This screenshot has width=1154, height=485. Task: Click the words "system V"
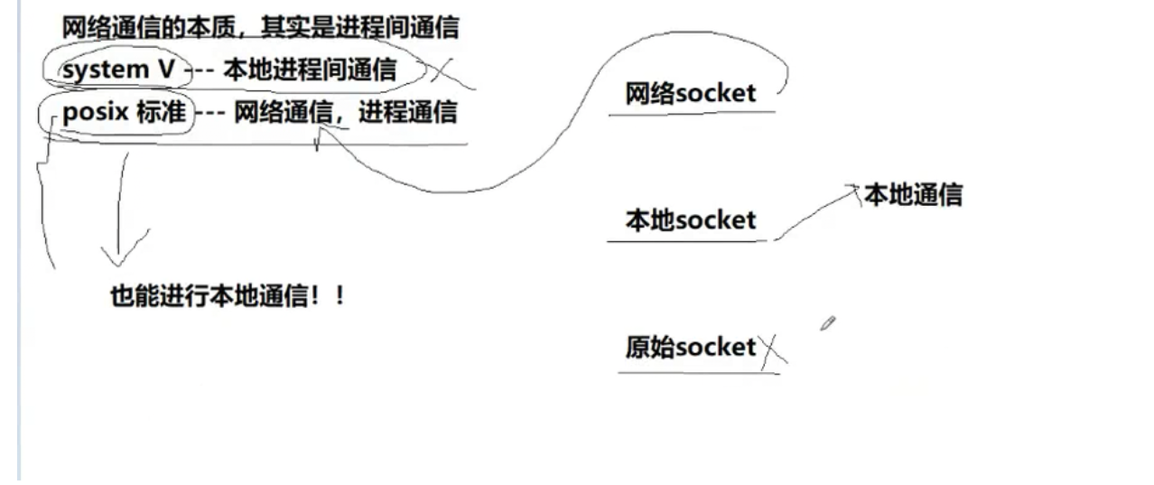tap(118, 70)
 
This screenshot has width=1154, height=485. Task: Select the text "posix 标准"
tap(124, 114)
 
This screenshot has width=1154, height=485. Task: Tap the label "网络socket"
tap(691, 93)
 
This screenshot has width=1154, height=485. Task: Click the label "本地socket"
tap(691, 220)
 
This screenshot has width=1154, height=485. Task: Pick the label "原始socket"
tap(691, 348)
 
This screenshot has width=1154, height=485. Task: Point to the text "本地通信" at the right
tap(913, 195)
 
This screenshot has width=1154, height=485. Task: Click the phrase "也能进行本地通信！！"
tap(228, 296)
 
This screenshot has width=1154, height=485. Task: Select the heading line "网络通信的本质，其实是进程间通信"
tap(260, 28)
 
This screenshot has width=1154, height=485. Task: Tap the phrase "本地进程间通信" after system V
tap(309, 70)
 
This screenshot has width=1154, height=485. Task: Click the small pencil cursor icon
tap(827, 323)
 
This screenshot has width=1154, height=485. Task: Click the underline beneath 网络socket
tap(691, 114)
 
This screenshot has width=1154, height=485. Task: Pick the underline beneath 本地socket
tap(691, 241)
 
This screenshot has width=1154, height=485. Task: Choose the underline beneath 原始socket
tap(697, 370)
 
